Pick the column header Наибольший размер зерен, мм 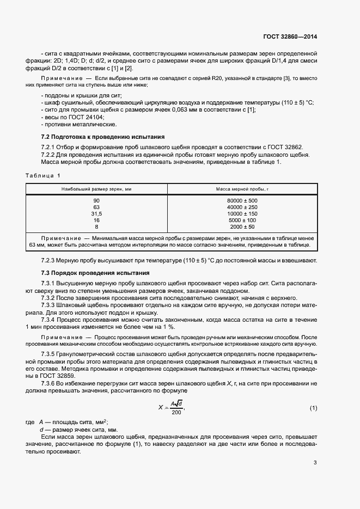[x=96, y=188]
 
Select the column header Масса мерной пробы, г [x=242, y=188]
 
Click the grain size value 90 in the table [x=96, y=201]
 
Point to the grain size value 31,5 [x=96, y=214]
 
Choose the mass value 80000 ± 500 [x=242, y=201]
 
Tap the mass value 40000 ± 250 [x=242, y=207]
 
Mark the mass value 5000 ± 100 [x=242, y=220]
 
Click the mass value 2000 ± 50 [x=242, y=226]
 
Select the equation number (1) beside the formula [x=313, y=408]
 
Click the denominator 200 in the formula [x=176, y=413]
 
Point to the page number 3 [x=315, y=463]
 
